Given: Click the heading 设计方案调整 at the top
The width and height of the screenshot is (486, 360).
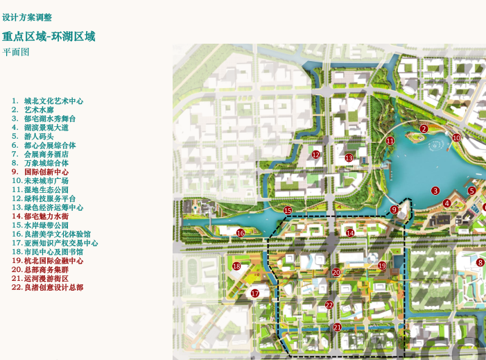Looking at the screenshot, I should pyautogui.click(x=27, y=17).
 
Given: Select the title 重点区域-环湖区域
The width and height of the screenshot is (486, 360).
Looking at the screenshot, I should pyautogui.click(x=49, y=36).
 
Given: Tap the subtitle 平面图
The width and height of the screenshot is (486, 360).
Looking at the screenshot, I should pyautogui.click(x=16, y=52).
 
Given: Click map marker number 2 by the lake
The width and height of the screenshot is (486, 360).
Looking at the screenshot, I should pyautogui.click(x=424, y=128).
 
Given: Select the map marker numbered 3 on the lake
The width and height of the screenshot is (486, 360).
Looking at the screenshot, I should pyautogui.click(x=435, y=190).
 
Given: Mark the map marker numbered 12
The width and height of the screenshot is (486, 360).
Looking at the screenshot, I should pyautogui.click(x=316, y=155).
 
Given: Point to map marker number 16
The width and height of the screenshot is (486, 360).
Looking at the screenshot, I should pyautogui.click(x=241, y=233).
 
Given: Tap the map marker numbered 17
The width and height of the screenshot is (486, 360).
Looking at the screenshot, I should pyautogui.click(x=255, y=293).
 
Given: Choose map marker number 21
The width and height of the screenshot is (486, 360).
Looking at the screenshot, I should pyautogui.click(x=337, y=327).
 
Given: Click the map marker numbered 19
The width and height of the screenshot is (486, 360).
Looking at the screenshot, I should pyautogui.click(x=382, y=266).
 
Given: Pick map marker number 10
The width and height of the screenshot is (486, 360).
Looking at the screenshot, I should pyautogui.click(x=456, y=137).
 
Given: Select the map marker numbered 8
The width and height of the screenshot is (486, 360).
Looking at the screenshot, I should pyautogui.click(x=480, y=262).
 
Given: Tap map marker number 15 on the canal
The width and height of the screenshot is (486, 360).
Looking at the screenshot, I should pyautogui.click(x=288, y=210).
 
